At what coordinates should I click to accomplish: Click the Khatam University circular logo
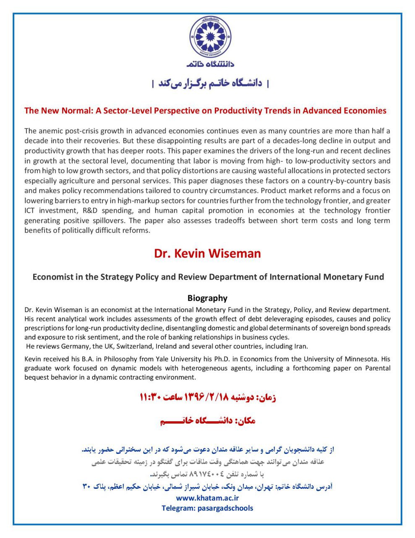click(x=210, y=37)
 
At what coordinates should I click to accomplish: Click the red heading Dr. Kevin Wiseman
click(x=207, y=253)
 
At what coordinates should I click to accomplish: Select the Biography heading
click(x=207, y=298)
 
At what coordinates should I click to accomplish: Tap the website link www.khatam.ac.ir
click(x=207, y=498)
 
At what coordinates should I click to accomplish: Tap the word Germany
click(x=76, y=346)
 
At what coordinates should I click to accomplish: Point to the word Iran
click(x=301, y=346)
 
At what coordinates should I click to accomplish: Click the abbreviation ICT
click(x=31, y=211)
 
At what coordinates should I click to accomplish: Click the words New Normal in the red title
click(x=66, y=111)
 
